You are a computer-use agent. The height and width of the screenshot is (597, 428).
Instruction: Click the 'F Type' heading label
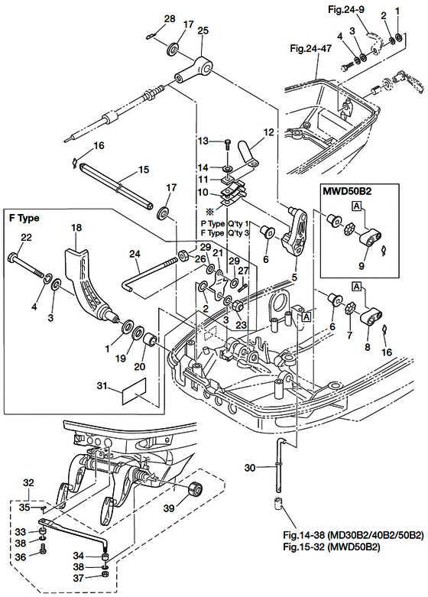click(x=24, y=218)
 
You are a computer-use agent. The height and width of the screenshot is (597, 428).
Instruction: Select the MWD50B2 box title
click(x=347, y=191)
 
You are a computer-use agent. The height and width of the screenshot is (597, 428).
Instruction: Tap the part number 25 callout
click(x=203, y=31)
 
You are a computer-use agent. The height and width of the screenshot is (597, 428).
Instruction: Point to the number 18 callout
click(x=76, y=228)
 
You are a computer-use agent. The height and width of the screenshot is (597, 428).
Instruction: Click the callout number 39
click(x=170, y=508)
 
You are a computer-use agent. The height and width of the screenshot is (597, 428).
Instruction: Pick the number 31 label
click(x=102, y=386)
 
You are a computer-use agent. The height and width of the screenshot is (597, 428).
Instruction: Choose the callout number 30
click(x=250, y=467)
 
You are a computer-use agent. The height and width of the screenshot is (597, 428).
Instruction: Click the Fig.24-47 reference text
click(x=311, y=49)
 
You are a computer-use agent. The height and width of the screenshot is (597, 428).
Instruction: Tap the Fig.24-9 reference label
click(x=345, y=9)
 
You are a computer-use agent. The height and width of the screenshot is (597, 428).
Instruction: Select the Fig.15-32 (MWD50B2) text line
click(x=332, y=547)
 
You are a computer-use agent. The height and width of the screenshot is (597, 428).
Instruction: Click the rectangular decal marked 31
click(x=134, y=391)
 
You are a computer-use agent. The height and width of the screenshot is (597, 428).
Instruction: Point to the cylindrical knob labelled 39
click(x=196, y=488)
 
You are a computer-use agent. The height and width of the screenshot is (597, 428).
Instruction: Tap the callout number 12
click(x=268, y=132)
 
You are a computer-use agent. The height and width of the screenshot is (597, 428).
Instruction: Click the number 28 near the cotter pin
click(x=170, y=18)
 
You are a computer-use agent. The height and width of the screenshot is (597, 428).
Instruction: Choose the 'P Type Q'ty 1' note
click(x=225, y=224)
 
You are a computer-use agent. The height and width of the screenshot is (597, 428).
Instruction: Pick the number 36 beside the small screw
click(x=20, y=556)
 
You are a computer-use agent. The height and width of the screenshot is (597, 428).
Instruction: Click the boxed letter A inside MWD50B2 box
click(x=357, y=206)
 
